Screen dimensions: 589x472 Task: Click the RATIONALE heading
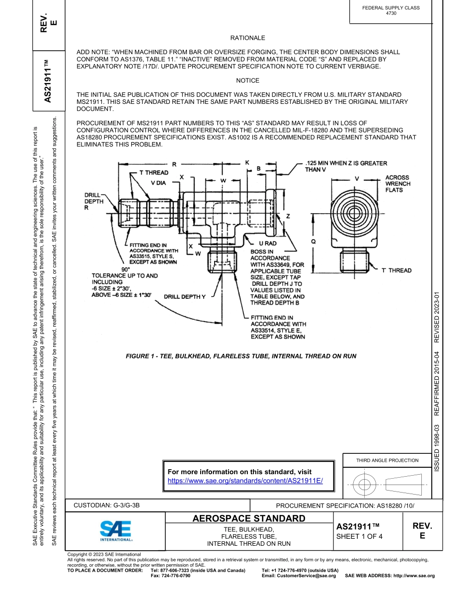click(247, 38)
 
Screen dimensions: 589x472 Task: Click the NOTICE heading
click(247, 81)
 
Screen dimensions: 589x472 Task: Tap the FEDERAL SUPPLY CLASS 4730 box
click(391, 10)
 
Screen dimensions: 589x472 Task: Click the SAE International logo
click(116, 531)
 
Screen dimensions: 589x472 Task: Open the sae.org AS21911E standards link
click(245, 481)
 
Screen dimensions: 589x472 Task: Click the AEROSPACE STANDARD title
click(249, 519)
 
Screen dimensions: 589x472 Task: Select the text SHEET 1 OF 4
click(359, 536)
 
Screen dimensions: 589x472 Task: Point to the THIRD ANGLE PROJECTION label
click(387, 460)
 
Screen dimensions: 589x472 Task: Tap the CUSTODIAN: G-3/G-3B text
click(106, 505)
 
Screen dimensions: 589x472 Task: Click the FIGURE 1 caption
click(241, 356)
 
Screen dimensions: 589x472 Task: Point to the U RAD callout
click(268, 244)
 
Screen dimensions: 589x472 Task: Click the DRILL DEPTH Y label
click(185, 297)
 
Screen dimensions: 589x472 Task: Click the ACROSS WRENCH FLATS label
click(397, 184)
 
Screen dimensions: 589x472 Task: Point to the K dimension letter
click(247, 163)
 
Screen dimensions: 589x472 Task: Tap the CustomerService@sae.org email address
click(299, 576)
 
